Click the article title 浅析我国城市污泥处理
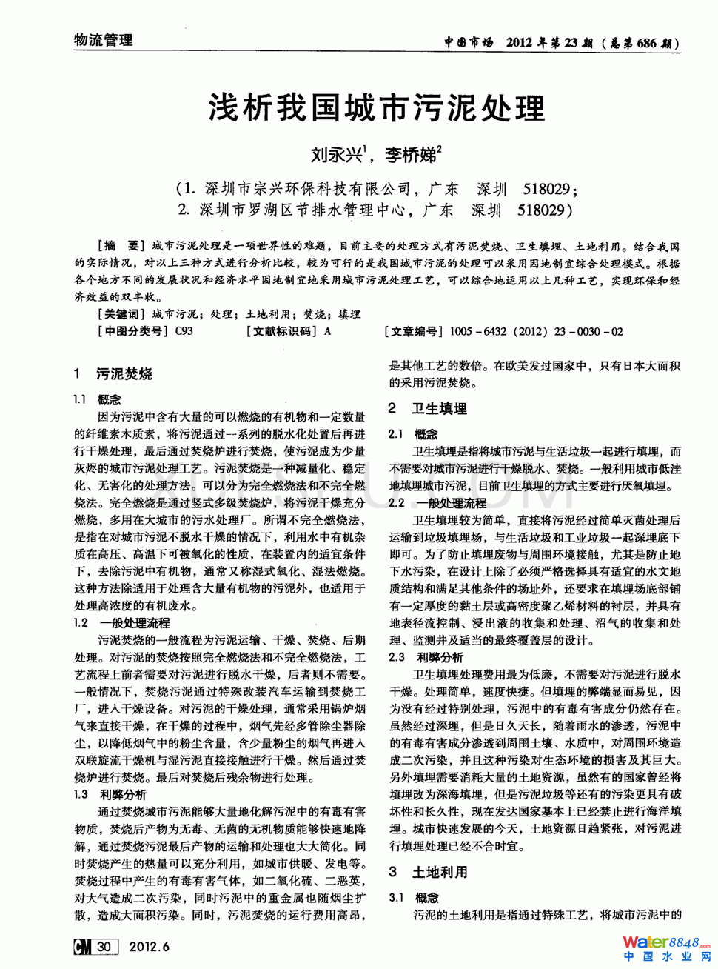[x=377, y=108]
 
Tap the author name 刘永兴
[x=336, y=155]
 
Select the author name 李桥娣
[x=410, y=155]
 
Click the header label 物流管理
[x=104, y=40]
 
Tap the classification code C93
[x=184, y=331]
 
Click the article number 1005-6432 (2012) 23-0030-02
[x=536, y=331]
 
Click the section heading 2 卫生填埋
[x=429, y=408]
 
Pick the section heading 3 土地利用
[x=429, y=872]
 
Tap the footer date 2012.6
[x=150, y=946]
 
